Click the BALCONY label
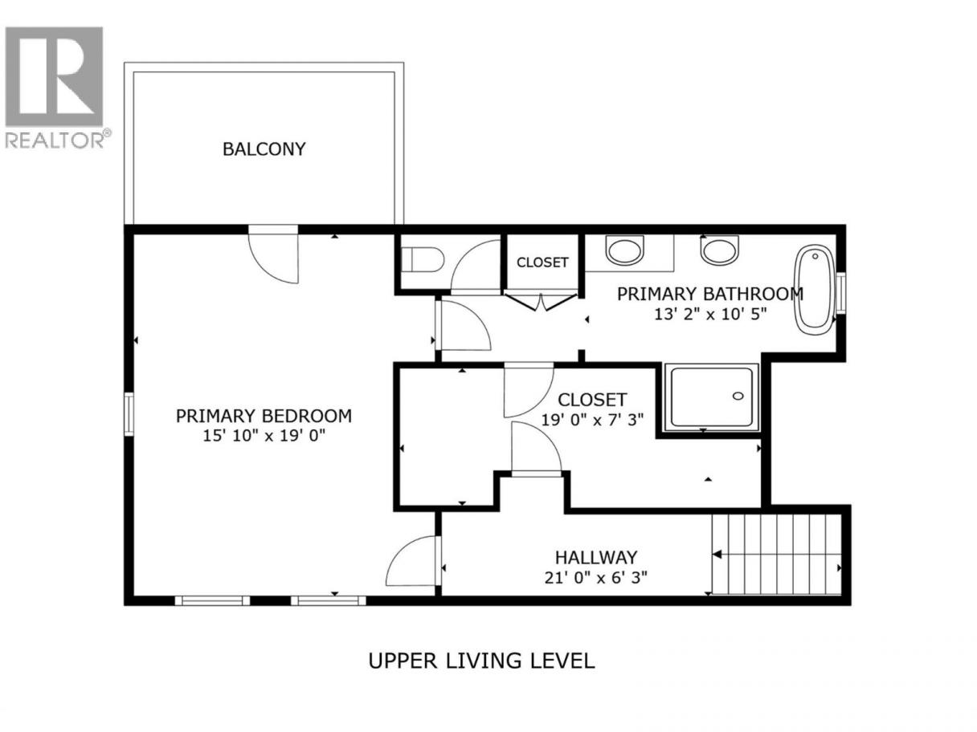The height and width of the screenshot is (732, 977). pyautogui.click(x=264, y=149)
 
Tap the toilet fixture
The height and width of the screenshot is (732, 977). pyautogui.click(x=423, y=260)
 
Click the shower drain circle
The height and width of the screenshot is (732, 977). pyautogui.click(x=738, y=396)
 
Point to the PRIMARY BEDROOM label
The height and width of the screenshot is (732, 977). pyautogui.click(x=264, y=416)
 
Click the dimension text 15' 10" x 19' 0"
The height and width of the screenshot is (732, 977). pyautogui.click(x=264, y=436)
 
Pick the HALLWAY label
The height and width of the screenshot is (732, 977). pyautogui.click(x=596, y=557)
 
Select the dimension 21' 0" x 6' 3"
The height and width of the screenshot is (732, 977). pyautogui.click(x=596, y=577)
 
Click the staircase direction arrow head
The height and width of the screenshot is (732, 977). pyautogui.click(x=717, y=555)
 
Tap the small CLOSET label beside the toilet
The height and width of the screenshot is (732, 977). pyautogui.click(x=542, y=262)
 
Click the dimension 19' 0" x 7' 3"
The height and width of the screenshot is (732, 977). pyautogui.click(x=592, y=419)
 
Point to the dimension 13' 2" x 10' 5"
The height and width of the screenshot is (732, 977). pyautogui.click(x=710, y=314)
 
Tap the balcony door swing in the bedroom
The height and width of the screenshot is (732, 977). pyautogui.click(x=273, y=258)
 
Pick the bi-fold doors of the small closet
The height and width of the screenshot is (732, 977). pyautogui.click(x=541, y=301)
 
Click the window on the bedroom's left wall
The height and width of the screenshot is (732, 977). pyautogui.click(x=129, y=414)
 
